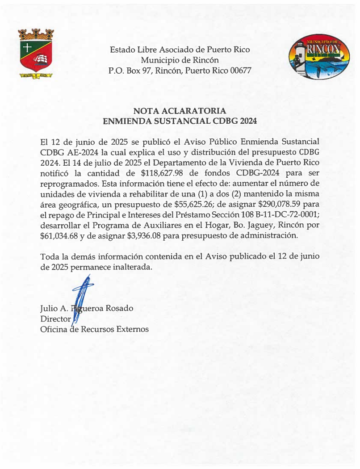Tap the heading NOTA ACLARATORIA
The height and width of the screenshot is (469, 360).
click(180, 111)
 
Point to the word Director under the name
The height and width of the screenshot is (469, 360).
click(55, 319)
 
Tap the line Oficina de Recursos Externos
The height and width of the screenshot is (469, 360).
click(94, 330)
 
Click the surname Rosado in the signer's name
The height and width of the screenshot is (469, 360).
click(119, 308)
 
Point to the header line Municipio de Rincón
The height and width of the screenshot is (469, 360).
click(180, 60)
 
